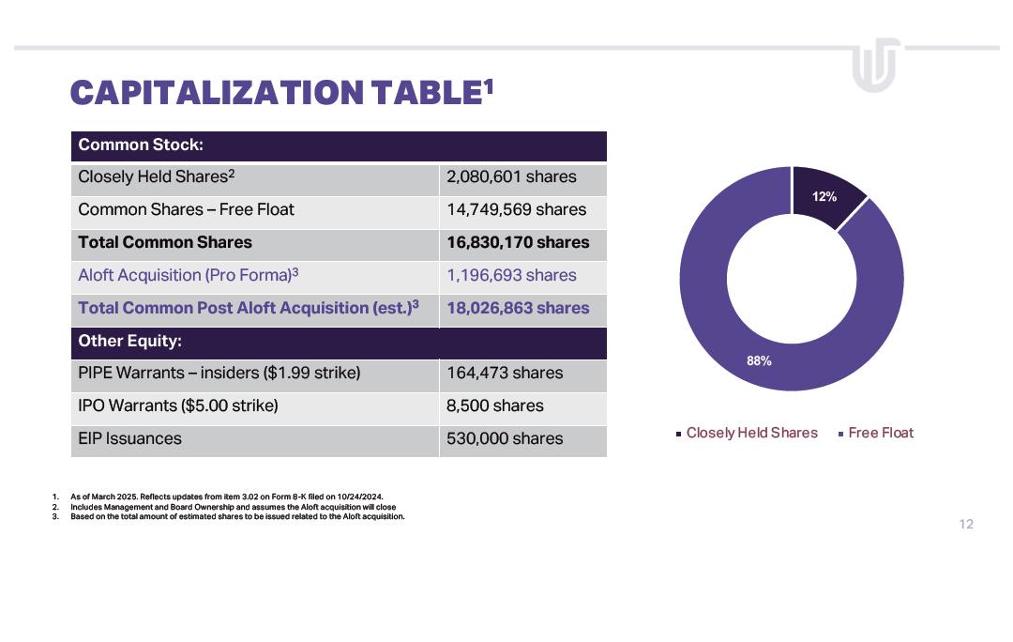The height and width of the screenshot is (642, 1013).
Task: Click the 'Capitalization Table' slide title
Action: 281,93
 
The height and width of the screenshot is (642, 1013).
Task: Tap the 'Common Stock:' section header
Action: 141,145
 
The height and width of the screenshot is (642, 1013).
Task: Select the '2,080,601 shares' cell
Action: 511,177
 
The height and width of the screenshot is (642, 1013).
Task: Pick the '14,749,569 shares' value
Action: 516,210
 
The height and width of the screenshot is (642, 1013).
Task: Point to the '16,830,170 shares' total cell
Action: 518,243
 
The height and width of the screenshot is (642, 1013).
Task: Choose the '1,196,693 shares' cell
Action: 511,276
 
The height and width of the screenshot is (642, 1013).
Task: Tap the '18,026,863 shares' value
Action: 518,309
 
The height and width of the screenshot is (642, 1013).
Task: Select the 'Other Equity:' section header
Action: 129,342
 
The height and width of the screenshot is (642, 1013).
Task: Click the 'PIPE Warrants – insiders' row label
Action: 219,374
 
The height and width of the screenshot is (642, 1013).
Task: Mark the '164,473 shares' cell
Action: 505,374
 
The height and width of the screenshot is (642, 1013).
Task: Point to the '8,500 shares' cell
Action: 494,406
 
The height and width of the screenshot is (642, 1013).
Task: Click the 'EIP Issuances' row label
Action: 129,439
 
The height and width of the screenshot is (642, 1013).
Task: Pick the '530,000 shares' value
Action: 505,439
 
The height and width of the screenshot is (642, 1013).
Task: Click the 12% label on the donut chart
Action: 824,197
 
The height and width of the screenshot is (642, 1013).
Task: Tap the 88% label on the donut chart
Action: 759,360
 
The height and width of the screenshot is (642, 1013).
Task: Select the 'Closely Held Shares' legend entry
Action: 751,433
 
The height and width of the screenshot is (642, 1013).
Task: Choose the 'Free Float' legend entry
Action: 880,433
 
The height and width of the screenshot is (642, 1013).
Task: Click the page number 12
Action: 966,525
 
